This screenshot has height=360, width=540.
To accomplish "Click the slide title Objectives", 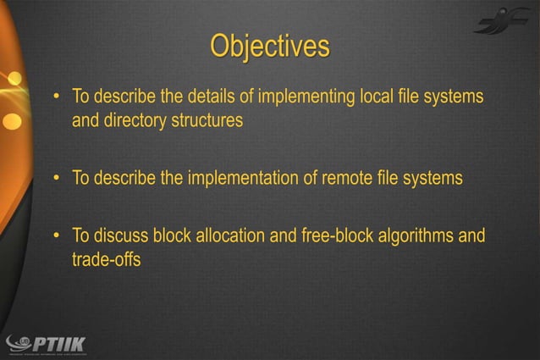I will coord(270,47).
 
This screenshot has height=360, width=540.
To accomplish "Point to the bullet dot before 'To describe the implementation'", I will coord(56,179).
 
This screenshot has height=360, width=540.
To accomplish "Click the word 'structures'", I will coord(207,120).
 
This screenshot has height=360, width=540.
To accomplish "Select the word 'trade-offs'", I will coord(106,259).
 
